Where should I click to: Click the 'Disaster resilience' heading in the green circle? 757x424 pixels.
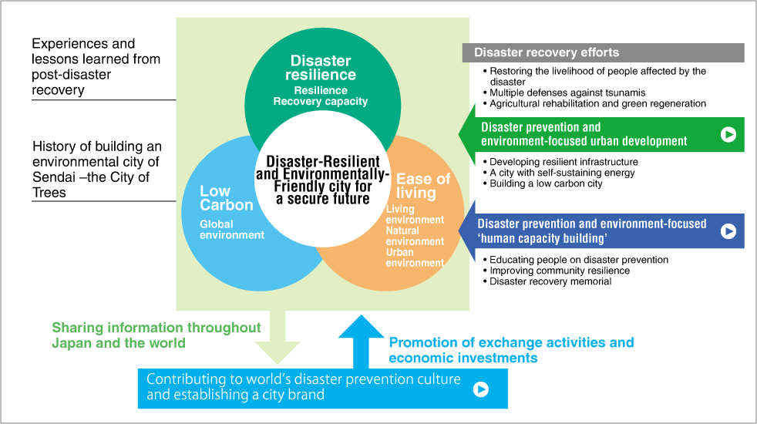click(x=321, y=68)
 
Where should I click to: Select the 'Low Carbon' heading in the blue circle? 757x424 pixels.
click(x=226, y=198)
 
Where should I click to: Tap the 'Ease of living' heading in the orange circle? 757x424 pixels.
click(x=422, y=186)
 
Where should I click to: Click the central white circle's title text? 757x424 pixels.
click(x=323, y=179)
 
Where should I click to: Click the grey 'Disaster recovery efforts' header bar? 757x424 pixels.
click(x=603, y=52)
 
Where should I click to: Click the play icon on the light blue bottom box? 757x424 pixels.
click(x=480, y=389)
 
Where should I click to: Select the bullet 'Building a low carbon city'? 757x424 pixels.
click(x=546, y=183)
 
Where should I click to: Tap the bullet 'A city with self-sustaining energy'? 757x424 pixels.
click(x=562, y=173)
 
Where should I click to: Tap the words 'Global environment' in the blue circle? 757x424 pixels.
click(x=231, y=230)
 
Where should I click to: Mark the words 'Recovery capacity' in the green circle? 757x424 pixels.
click(x=320, y=101)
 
